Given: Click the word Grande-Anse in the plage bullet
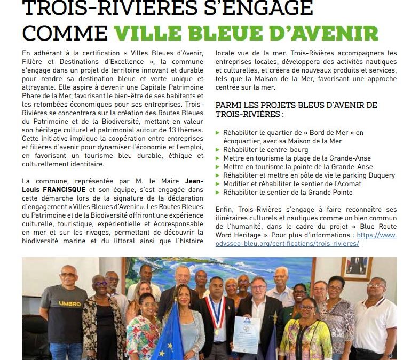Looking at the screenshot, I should (349, 158).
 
